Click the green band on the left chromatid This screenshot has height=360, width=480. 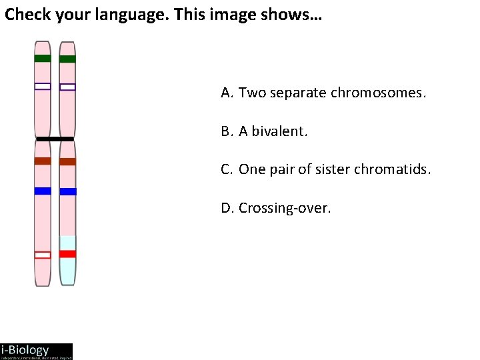[x=43, y=58]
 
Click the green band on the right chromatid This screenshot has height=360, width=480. [x=67, y=59]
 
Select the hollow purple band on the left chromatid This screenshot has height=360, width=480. [x=43, y=86]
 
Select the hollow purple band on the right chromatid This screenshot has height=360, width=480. [x=67, y=87]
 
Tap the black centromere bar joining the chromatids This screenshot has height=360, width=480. [x=55, y=139]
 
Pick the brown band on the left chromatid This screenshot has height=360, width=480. [x=43, y=161]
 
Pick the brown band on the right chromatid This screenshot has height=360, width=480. [x=67, y=161]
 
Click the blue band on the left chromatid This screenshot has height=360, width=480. [x=43, y=191]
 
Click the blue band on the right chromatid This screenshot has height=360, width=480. [x=67, y=191]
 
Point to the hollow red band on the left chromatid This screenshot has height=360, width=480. [x=43, y=255]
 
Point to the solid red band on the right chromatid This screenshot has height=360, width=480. [x=67, y=253]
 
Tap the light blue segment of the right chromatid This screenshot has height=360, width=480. [x=67, y=270]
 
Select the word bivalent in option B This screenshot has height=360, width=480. [x=281, y=131]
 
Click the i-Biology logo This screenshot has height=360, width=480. [x=36, y=351]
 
